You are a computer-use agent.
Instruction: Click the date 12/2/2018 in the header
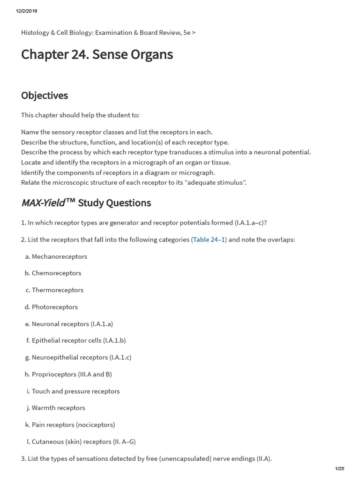point(26,11)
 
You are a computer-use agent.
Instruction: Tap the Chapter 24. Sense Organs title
point(97,54)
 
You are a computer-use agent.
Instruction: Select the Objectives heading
point(45,96)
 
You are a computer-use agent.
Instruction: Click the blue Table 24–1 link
point(209,240)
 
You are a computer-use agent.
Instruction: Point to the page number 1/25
point(339,469)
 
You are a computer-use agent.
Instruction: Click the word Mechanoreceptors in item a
point(60,256)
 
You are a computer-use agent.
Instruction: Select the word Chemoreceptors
point(56,273)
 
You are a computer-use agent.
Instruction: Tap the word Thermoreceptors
point(58,290)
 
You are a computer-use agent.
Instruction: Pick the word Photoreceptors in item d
point(55,307)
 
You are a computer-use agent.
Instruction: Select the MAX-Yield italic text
point(43,203)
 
